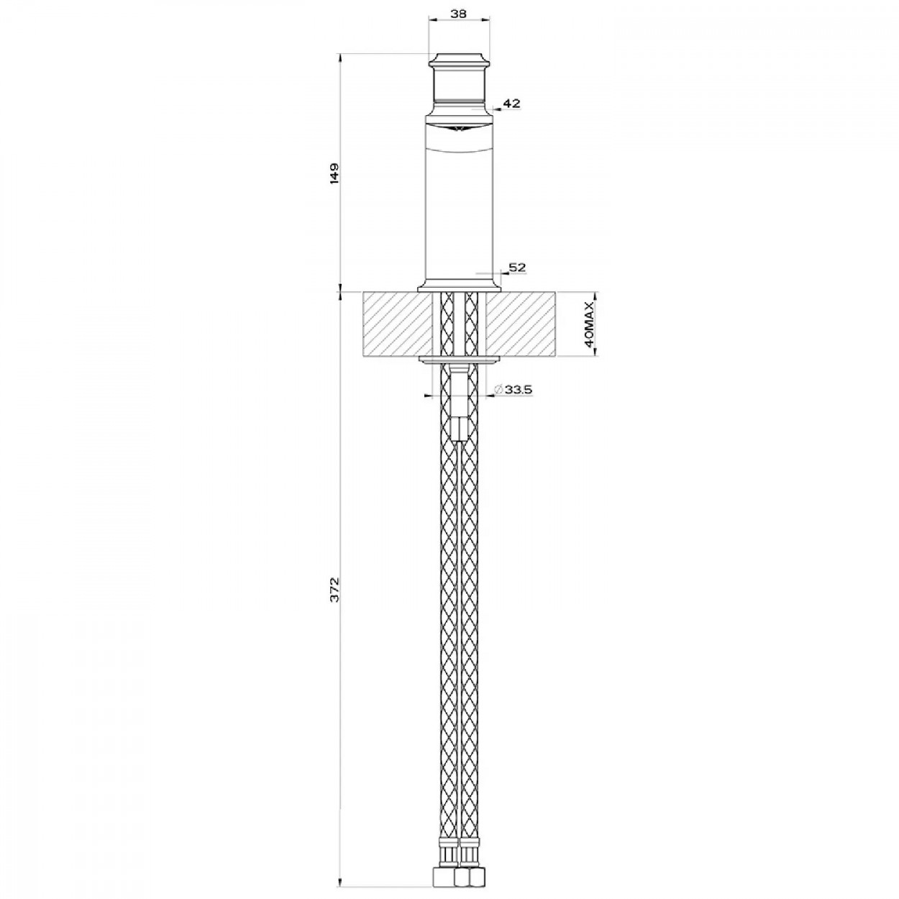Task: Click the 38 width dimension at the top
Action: coord(459,13)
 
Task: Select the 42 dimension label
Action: coord(512,103)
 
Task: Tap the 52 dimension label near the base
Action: coord(517,268)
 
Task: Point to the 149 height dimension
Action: coord(335,173)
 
